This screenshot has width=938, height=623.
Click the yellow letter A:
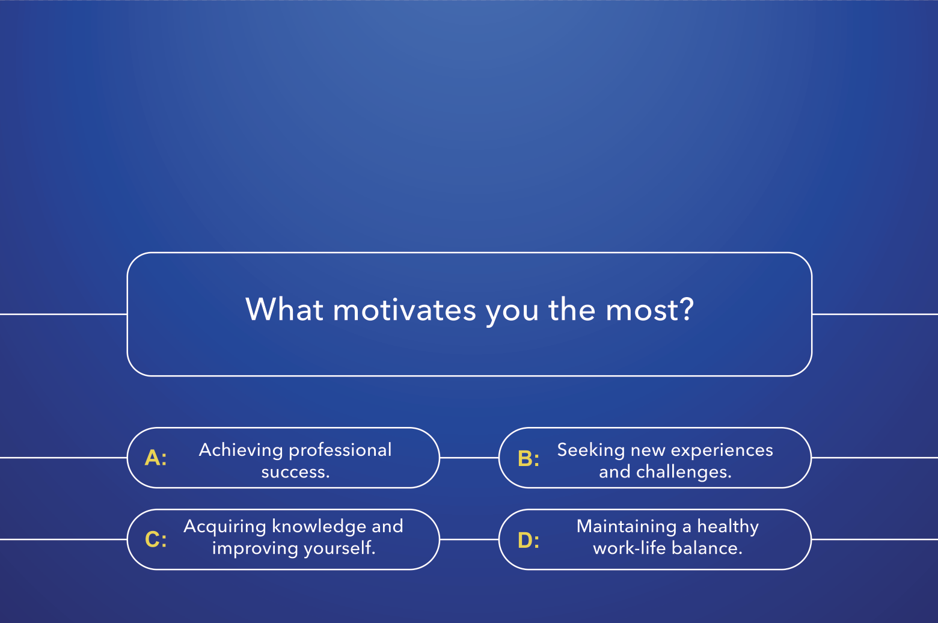click(x=156, y=458)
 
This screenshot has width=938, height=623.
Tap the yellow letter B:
click(x=529, y=458)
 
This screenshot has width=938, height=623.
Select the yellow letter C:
click(x=156, y=539)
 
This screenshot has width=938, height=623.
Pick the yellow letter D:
click(x=529, y=539)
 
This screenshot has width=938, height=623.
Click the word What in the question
click(x=284, y=309)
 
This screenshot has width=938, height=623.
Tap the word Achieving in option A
click(x=241, y=450)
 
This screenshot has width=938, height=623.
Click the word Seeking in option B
click(x=591, y=450)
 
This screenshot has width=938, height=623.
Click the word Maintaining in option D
click(x=627, y=527)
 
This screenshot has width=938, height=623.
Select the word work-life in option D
click(x=629, y=548)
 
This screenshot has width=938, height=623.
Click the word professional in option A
click(x=340, y=451)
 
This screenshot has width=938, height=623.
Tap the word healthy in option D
click(x=728, y=527)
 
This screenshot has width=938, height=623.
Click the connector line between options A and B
click(x=469, y=458)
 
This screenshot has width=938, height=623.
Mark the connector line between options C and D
click(x=469, y=539)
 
